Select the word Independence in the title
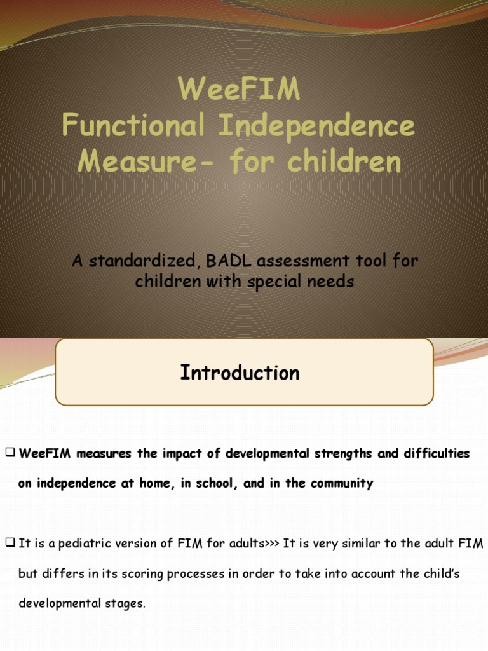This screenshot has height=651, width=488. click(x=316, y=126)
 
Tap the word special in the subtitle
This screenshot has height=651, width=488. click(x=283, y=281)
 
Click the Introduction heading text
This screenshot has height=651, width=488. click(x=240, y=373)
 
